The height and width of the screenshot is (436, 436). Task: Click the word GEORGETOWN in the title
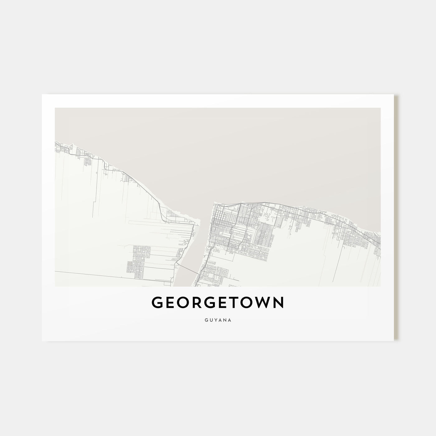[x=218, y=303]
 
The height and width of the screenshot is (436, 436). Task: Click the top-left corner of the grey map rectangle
[x=55, y=108]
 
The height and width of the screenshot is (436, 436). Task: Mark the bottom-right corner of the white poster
[x=394, y=340]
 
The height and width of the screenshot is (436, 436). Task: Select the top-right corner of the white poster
[x=394, y=95]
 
